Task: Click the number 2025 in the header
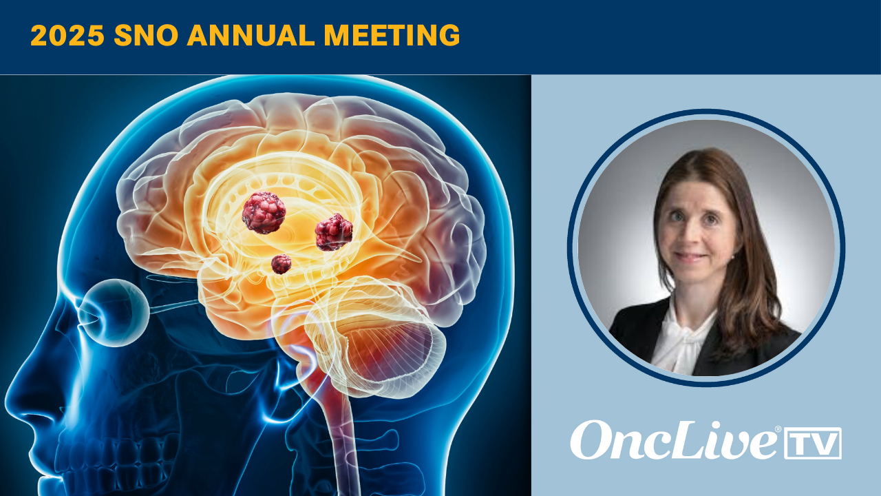pos(67,35)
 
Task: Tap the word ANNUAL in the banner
pos(251,35)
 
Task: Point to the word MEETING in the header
pos(392,35)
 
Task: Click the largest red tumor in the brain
pos(264,213)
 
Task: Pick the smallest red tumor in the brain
pos(282,264)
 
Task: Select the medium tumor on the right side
pos(334,232)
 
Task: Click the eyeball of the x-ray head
pos(114,313)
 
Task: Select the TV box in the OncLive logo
pos(813,443)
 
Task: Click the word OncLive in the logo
pos(673,440)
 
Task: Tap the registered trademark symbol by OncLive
pos(778,428)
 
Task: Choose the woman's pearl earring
pos(734,257)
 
